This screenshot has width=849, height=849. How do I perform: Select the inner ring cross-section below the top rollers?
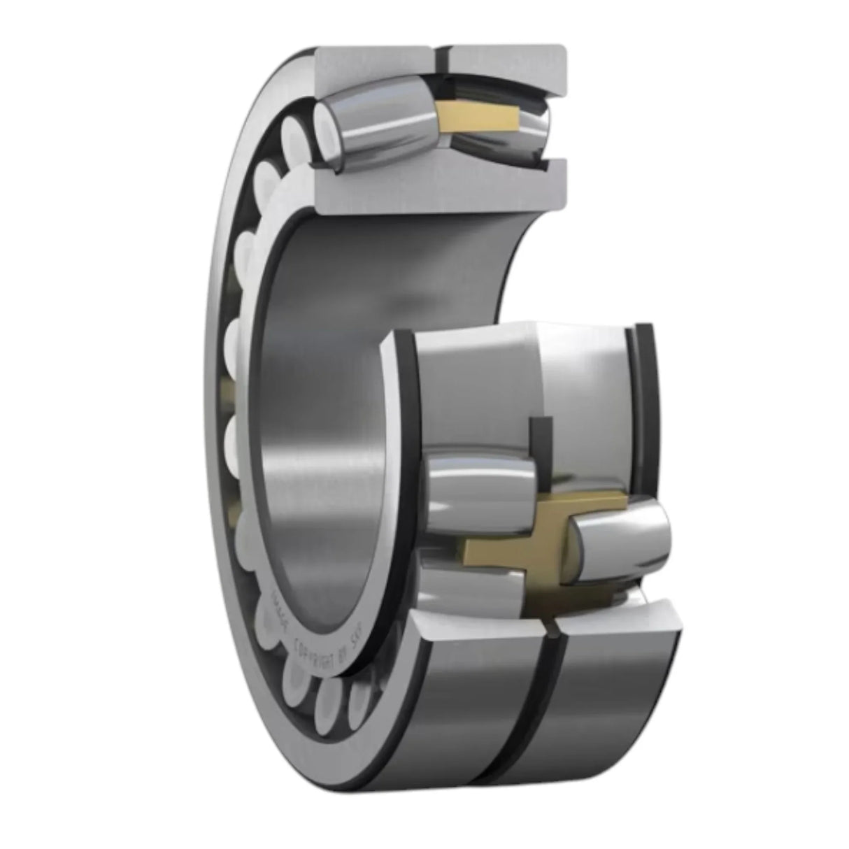[434, 185]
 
